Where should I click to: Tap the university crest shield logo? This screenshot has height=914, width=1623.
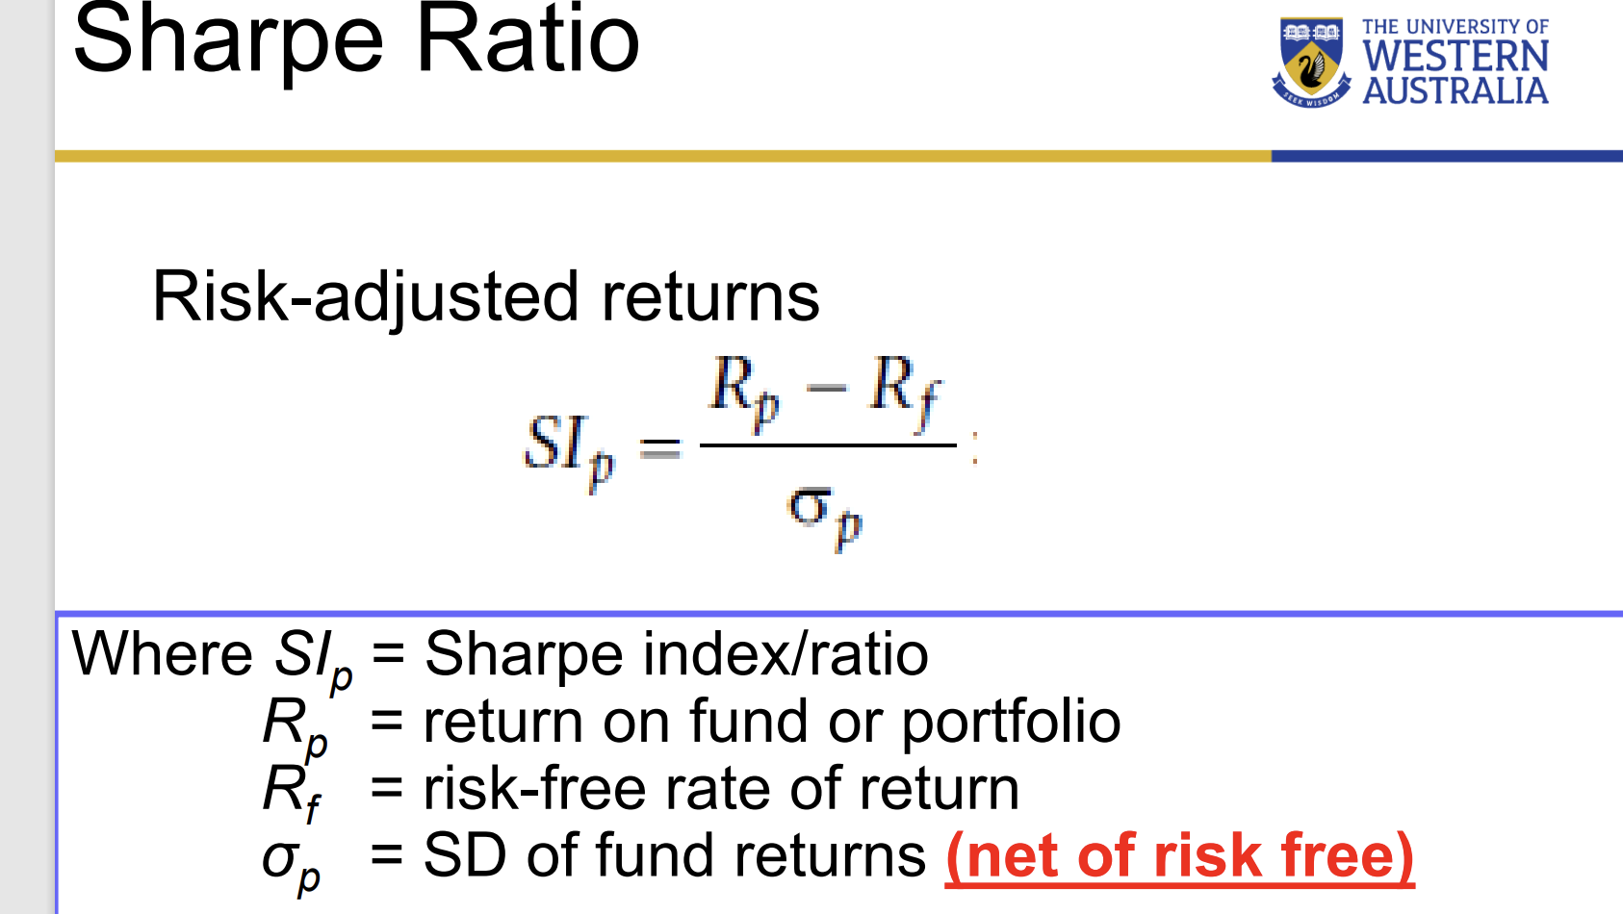(1310, 62)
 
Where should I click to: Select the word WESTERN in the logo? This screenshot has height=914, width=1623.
(1455, 57)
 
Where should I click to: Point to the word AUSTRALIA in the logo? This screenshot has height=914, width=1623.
(1455, 91)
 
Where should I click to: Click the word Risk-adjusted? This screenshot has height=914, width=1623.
(365, 296)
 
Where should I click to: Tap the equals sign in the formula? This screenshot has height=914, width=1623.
(660, 447)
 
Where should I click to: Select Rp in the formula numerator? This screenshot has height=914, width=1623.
(743, 390)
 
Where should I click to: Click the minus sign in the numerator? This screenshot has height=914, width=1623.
(826, 388)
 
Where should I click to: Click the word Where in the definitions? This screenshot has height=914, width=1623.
(162, 654)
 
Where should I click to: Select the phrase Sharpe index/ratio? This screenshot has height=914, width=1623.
(676, 654)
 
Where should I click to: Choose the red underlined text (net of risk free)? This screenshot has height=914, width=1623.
(1179, 856)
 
